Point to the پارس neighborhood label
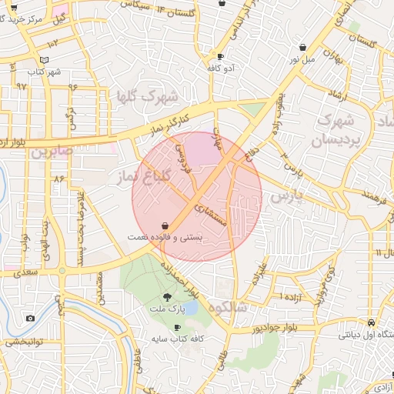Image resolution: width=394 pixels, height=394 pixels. [x=288, y=196]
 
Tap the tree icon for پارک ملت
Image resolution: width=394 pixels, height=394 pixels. [x=168, y=297]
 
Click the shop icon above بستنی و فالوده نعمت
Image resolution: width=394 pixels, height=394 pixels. [x=165, y=225]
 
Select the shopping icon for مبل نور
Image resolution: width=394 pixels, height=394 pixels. [x=302, y=47]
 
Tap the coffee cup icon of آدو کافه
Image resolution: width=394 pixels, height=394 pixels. [x=221, y=56]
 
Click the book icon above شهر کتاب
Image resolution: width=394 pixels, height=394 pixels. [x=44, y=60]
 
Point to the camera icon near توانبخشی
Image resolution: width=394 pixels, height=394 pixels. [x=30, y=318]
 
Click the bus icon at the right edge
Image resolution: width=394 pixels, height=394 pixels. [x=372, y=322]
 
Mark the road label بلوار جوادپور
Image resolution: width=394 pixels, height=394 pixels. [x=254, y=329]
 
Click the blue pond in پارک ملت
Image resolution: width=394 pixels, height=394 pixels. [x=191, y=308]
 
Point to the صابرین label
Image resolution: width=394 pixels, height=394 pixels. [x=52, y=152]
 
